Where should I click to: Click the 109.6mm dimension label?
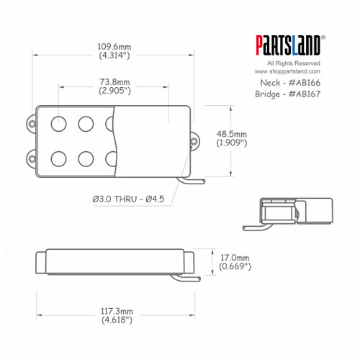click(114, 48)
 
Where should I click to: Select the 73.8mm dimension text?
click(114, 81)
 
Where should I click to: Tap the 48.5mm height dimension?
click(231, 134)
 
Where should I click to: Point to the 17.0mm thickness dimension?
click(235, 257)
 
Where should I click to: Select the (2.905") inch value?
click(114, 91)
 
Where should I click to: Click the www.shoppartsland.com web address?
click(287, 71)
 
